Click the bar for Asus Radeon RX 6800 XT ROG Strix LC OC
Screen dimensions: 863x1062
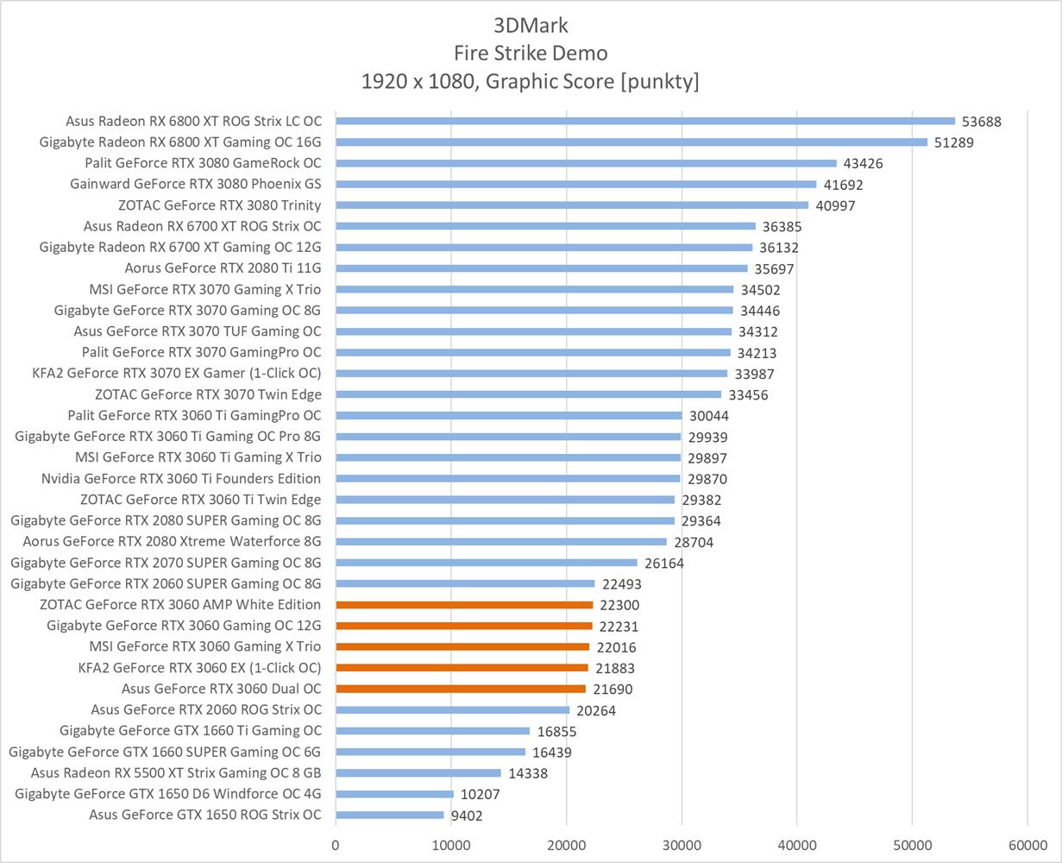pos(645,121)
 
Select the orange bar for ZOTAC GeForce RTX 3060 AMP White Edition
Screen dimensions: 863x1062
pos(464,605)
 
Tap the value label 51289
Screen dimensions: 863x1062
pos(953,142)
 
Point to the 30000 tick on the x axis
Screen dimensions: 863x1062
pos(682,846)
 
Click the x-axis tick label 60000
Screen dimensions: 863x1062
pos(1027,846)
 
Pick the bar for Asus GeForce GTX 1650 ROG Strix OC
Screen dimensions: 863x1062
pos(390,815)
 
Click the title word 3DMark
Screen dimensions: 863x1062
pos(531,24)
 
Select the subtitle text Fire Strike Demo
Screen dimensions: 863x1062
pos(531,53)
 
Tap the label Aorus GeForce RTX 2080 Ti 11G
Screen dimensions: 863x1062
pos(223,268)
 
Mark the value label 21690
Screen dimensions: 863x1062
pos(617,690)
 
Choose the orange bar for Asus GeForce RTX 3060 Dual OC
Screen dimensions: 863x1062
pos(461,689)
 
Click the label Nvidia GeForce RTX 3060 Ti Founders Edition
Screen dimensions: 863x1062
pos(181,479)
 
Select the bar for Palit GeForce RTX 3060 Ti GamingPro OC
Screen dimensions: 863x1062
pos(509,415)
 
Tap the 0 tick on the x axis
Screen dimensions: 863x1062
pos(336,846)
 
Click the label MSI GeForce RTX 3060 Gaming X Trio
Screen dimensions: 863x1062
pos(205,646)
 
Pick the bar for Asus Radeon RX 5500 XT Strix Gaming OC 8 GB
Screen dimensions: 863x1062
pos(418,773)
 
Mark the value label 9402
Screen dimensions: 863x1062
pos(471,816)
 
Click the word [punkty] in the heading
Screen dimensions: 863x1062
pos(653,82)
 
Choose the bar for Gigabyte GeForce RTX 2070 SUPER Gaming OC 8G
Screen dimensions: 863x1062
pos(487,563)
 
